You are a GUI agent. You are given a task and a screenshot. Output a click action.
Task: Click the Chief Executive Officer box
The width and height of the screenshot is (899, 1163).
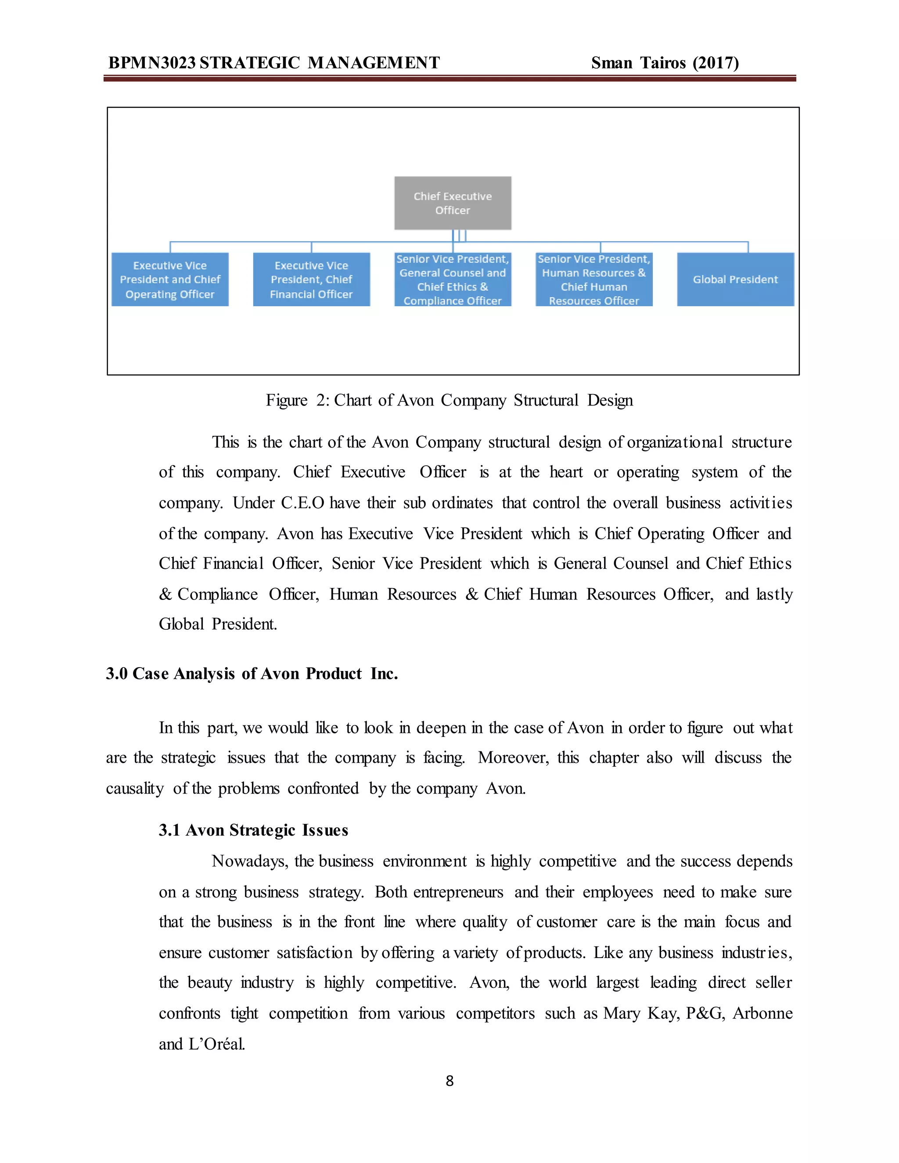[453, 203]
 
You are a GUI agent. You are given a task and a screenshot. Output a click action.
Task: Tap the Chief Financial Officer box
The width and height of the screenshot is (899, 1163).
[311, 279]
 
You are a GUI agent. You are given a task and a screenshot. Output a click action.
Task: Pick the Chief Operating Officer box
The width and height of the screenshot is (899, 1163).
[170, 279]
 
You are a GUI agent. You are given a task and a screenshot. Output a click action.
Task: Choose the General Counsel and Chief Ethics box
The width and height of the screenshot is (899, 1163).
[453, 279]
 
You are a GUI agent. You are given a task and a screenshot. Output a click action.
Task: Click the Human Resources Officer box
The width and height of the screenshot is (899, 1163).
[594, 279]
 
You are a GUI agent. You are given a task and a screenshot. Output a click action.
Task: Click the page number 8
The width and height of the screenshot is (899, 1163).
[449, 1080]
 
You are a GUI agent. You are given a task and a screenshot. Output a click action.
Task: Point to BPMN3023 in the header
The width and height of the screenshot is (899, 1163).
[152, 63]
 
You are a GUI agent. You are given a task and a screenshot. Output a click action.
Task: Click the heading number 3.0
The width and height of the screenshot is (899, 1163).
[117, 674]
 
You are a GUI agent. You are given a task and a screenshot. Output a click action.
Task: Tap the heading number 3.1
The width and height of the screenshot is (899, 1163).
[169, 830]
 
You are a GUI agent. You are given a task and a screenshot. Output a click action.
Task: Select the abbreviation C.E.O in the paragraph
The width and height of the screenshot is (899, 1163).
[302, 503]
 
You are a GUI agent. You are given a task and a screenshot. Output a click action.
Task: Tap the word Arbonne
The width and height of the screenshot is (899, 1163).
[762, 1013]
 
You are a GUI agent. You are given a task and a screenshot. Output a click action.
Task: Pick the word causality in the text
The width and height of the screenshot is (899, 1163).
[135, 788]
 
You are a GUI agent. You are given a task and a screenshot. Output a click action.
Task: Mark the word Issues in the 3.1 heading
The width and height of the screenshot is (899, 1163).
[325, 830]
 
